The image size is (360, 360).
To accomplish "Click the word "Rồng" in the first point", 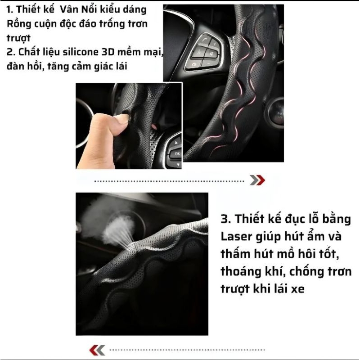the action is pyautogui.click(x=16, y=24).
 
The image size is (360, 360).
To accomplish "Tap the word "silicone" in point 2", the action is pyautogui.click(x=77, y=52).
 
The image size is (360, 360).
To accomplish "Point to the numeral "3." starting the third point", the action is pyautogui.click(x=226, y=219).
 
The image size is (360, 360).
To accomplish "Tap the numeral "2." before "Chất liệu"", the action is pyautogui.click(x=10, y=52).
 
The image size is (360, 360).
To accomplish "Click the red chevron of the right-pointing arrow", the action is pyautogui.click(x=261, y=180).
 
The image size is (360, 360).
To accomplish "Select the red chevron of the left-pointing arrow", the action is pyautogui.click(x=94, y=351).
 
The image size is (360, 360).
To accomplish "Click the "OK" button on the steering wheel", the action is pyautogui.click(x=177, y=153).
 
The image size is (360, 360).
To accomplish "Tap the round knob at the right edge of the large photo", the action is pyautogui.click(x=275, y=112).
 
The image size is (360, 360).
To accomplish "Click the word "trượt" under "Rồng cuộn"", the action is pyautogui.click(x=18, y=38).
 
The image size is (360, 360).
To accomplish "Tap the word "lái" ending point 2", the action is pyautogui.click(x=121, y=66).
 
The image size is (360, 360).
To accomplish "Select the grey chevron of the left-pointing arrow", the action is pyautogui.click(x=101, y=351).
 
